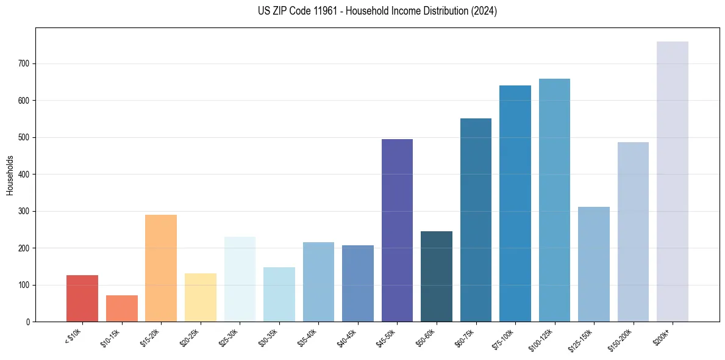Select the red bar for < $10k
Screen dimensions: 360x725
pos(82,298)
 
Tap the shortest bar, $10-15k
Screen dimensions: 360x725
pos(121,309)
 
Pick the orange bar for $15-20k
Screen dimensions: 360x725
pos(161,268)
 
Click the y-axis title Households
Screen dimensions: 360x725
pos(10,175)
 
